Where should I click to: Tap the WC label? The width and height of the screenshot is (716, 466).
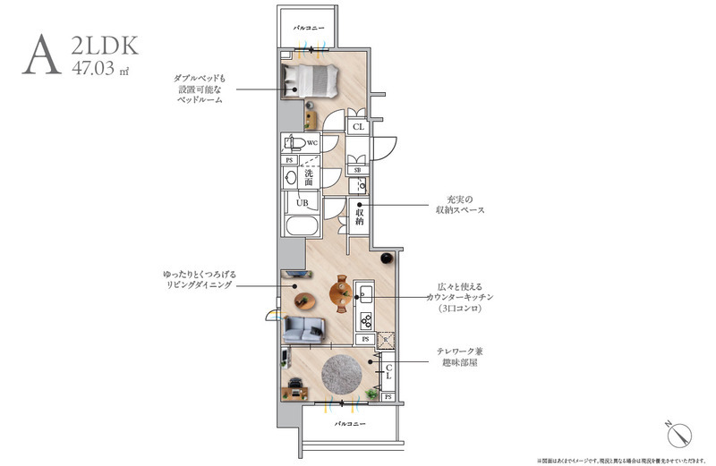tap(312, 142)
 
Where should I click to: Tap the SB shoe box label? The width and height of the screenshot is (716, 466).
tap(357, 170)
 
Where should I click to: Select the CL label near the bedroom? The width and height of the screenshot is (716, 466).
tap(358, 128)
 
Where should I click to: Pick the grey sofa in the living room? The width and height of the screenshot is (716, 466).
tap(304, 331)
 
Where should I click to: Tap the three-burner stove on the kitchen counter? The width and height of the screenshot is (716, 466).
tap(365, 320)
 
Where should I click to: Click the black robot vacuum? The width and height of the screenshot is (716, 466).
tap(384, 258)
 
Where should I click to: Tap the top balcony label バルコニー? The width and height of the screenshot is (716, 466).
tap(308, 29)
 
